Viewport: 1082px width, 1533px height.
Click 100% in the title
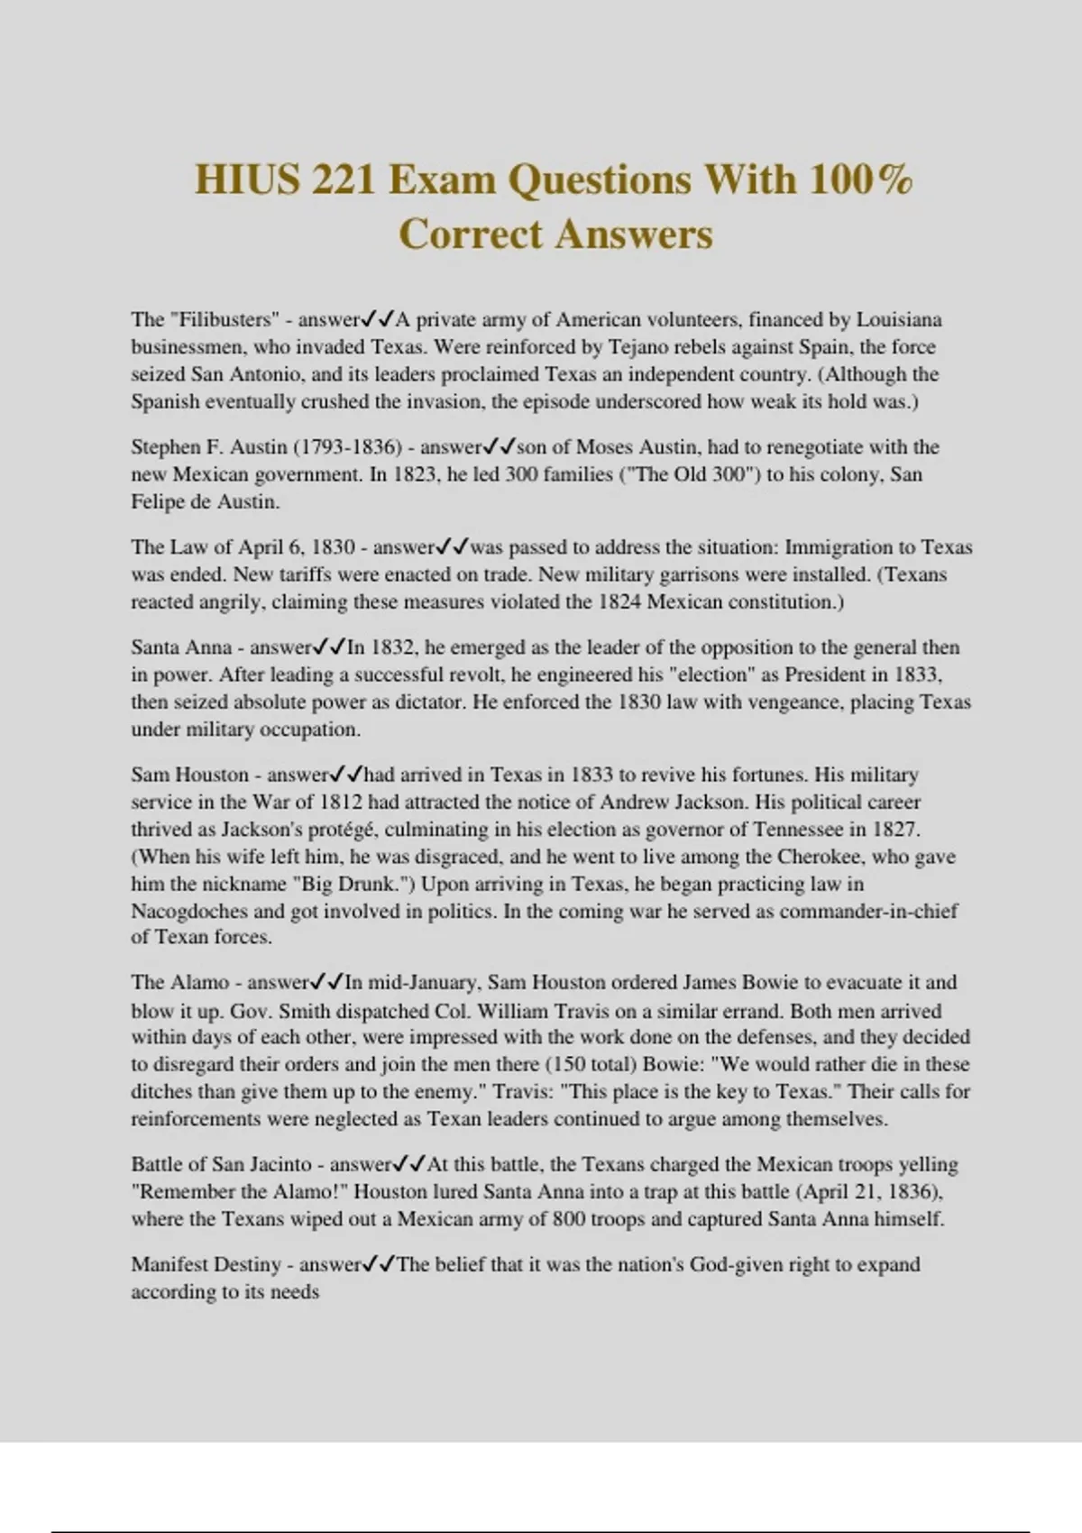860,179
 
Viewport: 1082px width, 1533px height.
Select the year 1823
417,474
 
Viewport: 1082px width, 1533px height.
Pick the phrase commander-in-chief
868,911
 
